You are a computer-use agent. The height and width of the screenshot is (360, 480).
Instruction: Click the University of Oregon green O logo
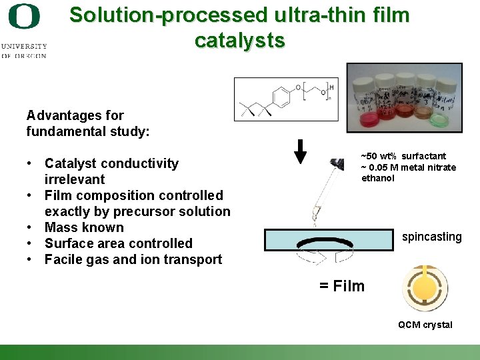(x=23, y=17)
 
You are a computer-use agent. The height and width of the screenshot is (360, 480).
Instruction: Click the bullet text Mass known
(x=84, y=227)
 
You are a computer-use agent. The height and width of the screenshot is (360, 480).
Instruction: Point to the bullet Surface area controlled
(x=118, y=243)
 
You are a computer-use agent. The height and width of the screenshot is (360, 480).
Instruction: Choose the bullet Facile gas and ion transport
(x=133, y=259)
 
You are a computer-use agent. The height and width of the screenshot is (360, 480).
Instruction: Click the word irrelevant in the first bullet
(x=75, y=179)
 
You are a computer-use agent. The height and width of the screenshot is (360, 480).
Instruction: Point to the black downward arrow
(x=301, y=151)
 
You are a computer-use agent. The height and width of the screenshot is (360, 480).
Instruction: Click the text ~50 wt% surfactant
(x=403, y=156)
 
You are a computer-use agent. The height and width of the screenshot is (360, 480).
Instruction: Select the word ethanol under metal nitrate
(x=378, y=178)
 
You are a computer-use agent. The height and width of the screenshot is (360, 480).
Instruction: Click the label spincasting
(x=431, y=237)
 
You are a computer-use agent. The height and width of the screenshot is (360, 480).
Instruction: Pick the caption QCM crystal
(x=425, y=325)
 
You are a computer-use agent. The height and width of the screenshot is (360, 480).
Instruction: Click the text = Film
(x=341, y=286)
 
